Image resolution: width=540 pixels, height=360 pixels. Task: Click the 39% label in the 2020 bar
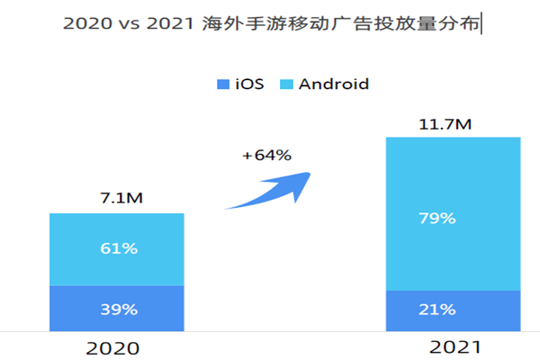[117, 310]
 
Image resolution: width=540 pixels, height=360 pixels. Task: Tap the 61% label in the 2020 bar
[117, 248]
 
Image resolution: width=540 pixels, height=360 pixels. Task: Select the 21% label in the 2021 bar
[453, 310]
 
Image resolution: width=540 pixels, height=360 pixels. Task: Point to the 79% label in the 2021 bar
[453, 219]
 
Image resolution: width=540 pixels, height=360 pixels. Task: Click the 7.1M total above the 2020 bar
[117, 198]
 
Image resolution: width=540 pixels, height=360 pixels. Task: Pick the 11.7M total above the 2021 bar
[453, 123]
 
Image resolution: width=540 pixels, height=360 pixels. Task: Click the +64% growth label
[266, 155]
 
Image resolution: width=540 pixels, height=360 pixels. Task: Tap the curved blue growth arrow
[270, 187]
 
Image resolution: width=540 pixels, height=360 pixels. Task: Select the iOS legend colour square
[223, 85]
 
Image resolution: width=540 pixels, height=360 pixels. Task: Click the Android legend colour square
[285, 85]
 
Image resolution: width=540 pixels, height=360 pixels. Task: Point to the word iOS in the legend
[249, 85]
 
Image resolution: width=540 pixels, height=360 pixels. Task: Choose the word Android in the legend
[334, 85]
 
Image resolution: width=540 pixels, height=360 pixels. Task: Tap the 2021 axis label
[454, 346]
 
